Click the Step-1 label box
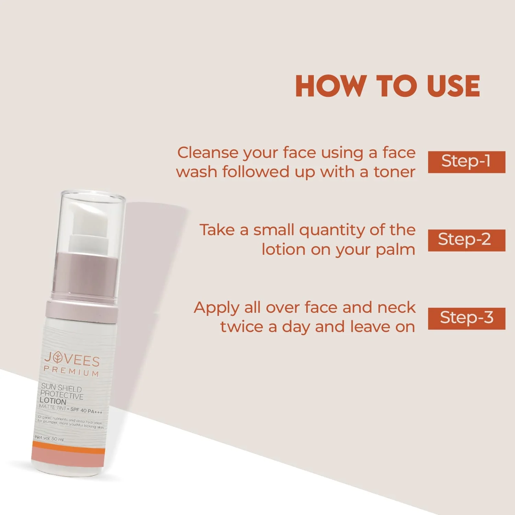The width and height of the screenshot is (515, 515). pyautogui.click(x=466, y=162)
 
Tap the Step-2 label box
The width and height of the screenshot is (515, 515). pyautogui.click(x=466, y=240)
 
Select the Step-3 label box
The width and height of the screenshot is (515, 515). pyautogui.click(x=466, y=318)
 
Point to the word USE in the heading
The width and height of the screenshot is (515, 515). pyautogui.click(x=453, y=86)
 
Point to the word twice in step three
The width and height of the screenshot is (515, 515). pyautogui.click(x=241, y=327)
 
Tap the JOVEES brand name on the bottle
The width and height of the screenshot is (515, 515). pyautogui.click(x=72, y=359)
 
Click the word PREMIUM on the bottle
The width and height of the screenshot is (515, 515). pyautogui.click(x=71, y=371)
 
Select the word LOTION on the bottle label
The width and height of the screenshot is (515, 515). pyautogui.click(x=53, y=401)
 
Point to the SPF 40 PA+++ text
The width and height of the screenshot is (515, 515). pyautogui.click(x=86, y=411)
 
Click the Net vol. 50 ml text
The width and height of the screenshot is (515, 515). pyautogui.click(x=49, y=438)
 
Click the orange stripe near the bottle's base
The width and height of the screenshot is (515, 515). pyautogui.click(x=67, y=447)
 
